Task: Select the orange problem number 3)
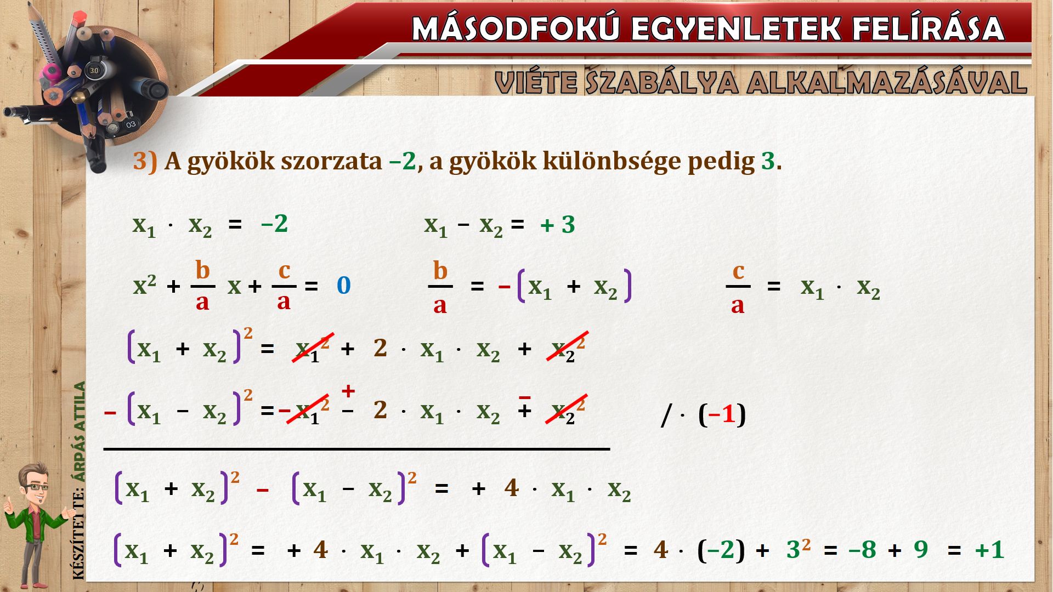click(145, 161)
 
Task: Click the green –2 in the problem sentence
click(403, 161)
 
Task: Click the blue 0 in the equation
click(344, 285)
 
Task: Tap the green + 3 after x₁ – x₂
click(558, 225)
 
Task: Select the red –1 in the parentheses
click(722, 414)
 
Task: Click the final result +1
click(989, 549)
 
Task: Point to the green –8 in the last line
click(862, 549)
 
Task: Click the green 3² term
click(799, 548)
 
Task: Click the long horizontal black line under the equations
click(356, 449)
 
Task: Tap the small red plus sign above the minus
click(348, 391)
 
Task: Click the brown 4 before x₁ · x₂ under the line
click(511, 487)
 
